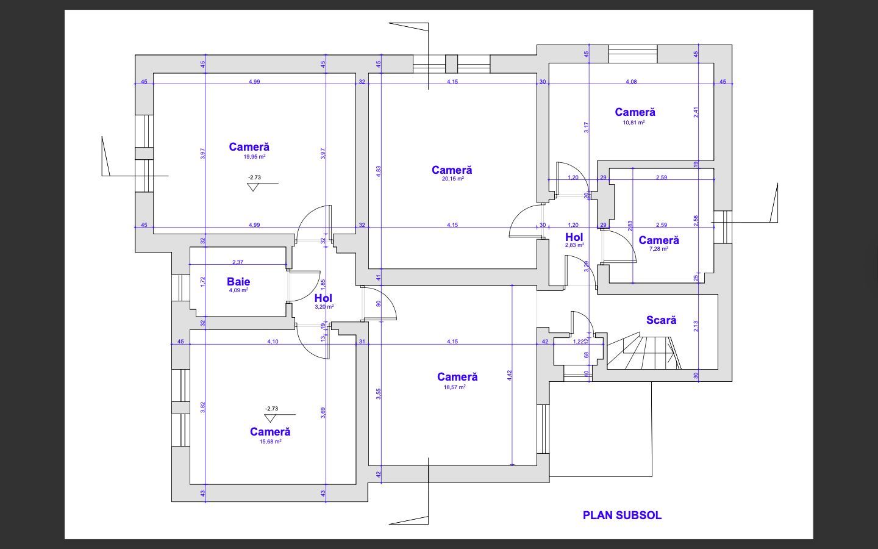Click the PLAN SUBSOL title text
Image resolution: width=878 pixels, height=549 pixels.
click(x=622, y=515)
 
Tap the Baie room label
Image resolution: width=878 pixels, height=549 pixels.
click(x=238, y=282)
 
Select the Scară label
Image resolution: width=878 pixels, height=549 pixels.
click(x=661, y=320)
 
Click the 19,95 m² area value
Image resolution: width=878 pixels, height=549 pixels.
click(x=255, y=156)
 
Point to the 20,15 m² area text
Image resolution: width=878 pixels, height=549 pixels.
click(x=452, y=178)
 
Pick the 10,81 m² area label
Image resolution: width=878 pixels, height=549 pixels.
click(x=634, y=122)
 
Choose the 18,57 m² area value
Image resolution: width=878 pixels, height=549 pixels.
click(x=455, y=387)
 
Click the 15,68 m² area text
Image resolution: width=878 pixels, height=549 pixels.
click(x=271, y=442)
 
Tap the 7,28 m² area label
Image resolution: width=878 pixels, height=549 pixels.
click(x=659, y=249)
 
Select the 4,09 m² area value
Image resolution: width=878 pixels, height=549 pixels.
click(x=239, y=290)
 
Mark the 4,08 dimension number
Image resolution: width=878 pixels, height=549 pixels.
click(x=632, y=82)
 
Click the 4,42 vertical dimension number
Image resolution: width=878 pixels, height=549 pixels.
click(x=509, y=375)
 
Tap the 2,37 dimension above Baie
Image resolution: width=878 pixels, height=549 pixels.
click(x=238, y=262)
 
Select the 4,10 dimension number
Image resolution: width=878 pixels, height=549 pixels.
click(x=273, y=342)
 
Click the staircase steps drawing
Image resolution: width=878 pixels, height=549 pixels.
click(x=644, y=351)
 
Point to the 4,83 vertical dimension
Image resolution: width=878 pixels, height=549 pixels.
click(x=379, y=171)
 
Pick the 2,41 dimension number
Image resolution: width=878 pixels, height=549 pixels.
click(x=696, y=112)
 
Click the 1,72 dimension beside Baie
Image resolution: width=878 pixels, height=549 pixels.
click(x=202, y=282)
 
